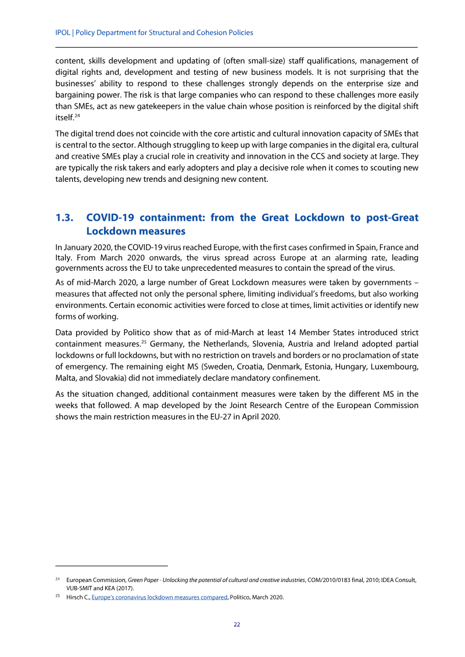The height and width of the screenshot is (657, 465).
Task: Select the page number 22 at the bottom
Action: click(x=237, y=624)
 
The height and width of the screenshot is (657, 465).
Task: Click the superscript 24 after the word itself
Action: click(x=76, y=115)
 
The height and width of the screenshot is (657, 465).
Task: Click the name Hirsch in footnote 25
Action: click(x=75, y=597)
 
